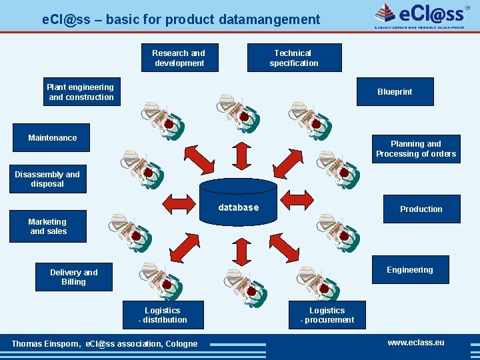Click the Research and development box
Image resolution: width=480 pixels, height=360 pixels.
179,58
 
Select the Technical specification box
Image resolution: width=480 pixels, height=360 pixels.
294,58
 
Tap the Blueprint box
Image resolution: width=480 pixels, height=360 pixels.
395,92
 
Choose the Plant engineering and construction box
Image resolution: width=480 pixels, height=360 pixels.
80,92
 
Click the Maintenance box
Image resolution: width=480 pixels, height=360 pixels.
53,138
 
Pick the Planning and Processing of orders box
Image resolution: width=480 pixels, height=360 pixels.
416,149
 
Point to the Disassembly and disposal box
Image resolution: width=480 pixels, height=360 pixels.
47,179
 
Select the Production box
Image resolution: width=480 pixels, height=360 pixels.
421,209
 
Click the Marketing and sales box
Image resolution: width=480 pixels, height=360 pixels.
47,227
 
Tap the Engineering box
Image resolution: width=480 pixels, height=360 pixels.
409,270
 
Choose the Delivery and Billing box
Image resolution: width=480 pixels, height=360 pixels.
73,277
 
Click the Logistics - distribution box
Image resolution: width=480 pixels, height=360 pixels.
163,315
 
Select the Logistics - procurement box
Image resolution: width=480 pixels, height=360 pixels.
327,315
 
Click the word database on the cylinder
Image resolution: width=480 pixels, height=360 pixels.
238,208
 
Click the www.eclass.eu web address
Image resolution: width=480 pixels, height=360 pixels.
415,343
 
